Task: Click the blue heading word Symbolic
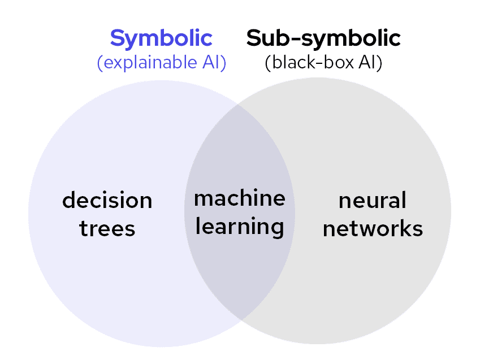(x=161, y=38)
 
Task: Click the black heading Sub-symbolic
(x=323, y=38)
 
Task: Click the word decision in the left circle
(x=107, y=200)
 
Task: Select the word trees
(x=107, y=228)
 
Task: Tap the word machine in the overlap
(x=240, y=198)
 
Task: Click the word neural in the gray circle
(x=373, y=200)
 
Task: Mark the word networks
(x=373, y=228)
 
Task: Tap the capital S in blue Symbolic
(x=117, y=38)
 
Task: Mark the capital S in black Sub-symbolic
(x=254, y=38)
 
